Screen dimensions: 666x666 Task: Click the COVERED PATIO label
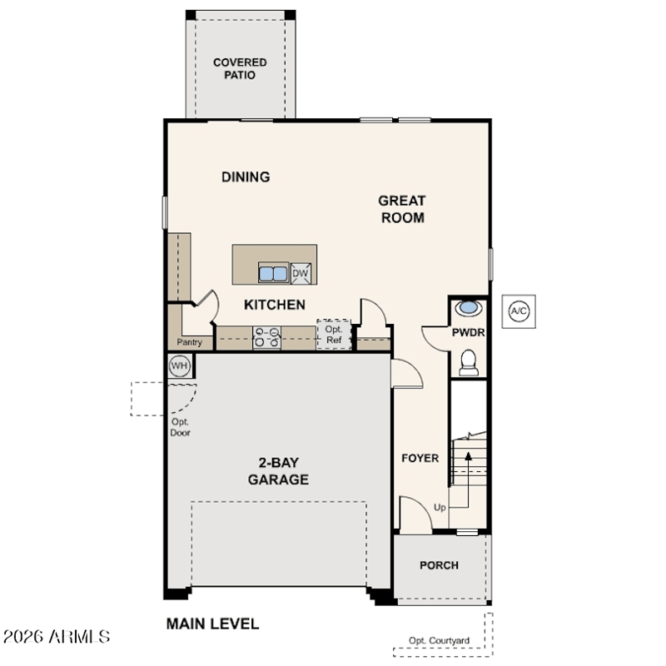click(240, 68)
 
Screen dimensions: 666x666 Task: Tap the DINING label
click(246, 176)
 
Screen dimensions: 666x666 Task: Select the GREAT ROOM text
click(402, 209)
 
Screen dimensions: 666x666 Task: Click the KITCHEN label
click(275, 305)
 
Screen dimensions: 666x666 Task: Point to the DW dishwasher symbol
click(301, 273)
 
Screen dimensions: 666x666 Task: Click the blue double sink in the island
click(273, 273)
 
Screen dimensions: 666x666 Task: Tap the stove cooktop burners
click(266, 338)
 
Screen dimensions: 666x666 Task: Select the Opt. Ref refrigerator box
click(334, 335)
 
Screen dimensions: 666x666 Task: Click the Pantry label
click(190, 342)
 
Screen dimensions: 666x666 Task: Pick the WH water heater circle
click(179, 365)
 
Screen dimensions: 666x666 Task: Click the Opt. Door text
click(180, 427)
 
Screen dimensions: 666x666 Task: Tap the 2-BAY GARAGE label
click(278, 470)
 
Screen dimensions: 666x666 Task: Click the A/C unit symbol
click(519, 311)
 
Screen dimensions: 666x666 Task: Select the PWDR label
click(468, 332)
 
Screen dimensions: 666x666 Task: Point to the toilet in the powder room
click(469, 363)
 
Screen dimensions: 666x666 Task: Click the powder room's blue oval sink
click(469, 307)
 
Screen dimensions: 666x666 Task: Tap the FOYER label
click(420, 458)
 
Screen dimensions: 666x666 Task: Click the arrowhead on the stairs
click(468, 456)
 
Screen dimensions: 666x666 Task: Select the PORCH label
click(439, 565)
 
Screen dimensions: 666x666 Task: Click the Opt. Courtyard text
click(439, 640)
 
